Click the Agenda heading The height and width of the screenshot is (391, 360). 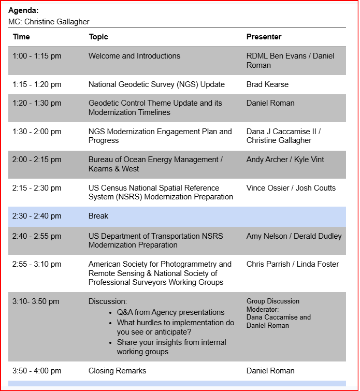(23, 10)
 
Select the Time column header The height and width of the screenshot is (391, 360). (21, 37)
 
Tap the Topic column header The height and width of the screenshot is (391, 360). (98, 37)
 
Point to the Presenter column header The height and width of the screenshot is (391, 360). (264, 37)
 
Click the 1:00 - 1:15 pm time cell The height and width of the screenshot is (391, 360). (37, 56)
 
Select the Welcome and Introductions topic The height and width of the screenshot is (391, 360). (134, 56)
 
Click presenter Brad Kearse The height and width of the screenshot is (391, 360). (267, 84)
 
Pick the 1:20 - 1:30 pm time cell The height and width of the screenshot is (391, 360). (37, 103)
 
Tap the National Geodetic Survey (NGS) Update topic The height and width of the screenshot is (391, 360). (156, 84)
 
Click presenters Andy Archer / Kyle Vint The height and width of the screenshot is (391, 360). (285, 160)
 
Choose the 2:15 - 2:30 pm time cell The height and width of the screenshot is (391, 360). (37, 188)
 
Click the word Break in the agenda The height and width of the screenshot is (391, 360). (98, 216)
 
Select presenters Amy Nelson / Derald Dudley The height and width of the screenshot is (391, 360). (294, 236)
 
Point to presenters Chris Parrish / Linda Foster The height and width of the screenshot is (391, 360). (293, 264)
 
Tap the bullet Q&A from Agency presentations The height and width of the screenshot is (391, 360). (170, 312)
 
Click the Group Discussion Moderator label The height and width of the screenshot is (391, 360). (273, 305)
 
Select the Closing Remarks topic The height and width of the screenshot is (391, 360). (117, 371)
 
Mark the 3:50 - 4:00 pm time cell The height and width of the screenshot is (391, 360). (37, 371)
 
